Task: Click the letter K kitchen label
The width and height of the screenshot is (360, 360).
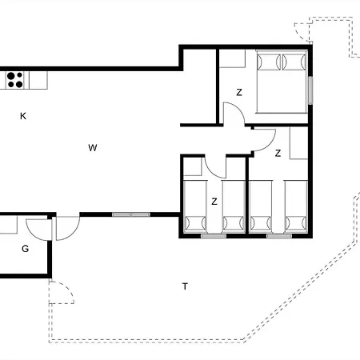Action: tap(23, 116)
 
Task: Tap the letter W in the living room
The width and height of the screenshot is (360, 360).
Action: tap(93, 148)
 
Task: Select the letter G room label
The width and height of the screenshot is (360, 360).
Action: tap(25, 249)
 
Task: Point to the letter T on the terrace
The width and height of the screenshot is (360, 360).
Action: tap(185, 286)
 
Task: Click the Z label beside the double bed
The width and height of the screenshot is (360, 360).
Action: tap(239, 92)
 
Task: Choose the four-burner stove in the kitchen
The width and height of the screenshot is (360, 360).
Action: tap(14, 80)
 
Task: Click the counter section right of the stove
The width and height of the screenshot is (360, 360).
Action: tap(38, 80)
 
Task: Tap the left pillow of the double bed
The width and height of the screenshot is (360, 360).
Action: tap(269, 62)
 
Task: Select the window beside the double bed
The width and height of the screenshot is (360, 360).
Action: tap(310, 90)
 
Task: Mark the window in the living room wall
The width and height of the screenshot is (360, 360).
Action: tap(131, 214)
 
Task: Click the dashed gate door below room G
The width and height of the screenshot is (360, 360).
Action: tap(62, 292)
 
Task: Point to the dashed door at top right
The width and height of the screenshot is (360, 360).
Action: tap(303, 32)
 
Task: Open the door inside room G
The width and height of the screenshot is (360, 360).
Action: tap(39, 230)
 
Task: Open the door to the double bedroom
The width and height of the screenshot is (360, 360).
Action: tap(234, 114)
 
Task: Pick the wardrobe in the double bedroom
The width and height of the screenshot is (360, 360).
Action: tap(232, 58)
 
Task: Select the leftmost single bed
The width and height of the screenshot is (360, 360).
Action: tap(195, 206)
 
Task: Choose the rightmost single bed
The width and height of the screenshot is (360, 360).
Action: tap(296, 206)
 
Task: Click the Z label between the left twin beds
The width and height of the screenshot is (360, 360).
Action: tap(214, 202)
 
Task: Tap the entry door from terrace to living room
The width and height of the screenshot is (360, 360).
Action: tap(68, 229)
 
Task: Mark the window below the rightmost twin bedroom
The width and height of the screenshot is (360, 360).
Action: tap(279, 236)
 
